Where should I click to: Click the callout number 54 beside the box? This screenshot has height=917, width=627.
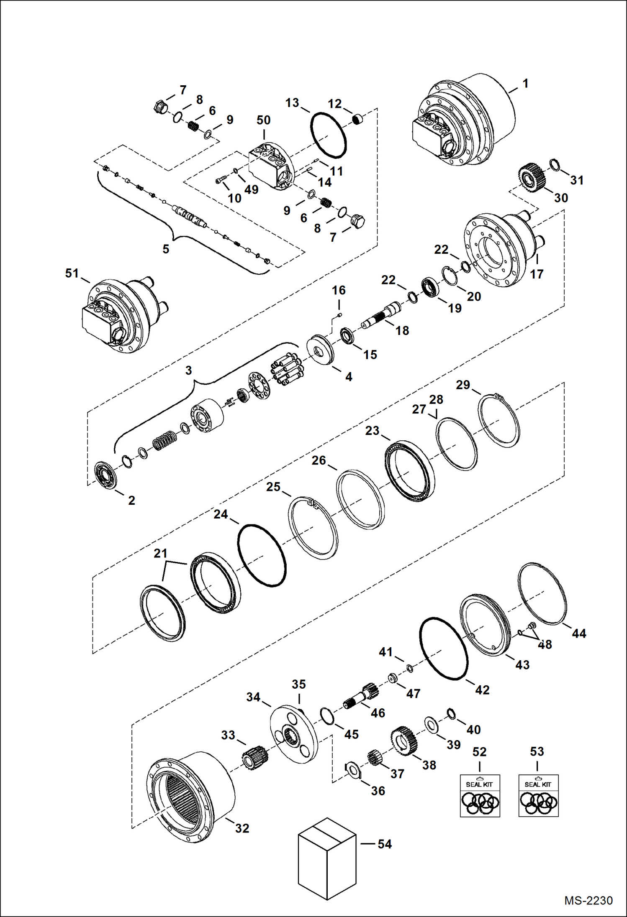click(x=385, y=844)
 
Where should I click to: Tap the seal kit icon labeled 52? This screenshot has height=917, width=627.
click(x=480, y=796)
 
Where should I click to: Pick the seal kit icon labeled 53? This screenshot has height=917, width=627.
click(x=538, y=796)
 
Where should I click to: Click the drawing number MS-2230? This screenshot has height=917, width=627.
click(x=588, y=900)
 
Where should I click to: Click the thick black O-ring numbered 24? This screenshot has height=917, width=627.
click(x=262, y=555)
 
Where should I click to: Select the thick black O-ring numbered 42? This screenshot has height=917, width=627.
click(x=444, y=649)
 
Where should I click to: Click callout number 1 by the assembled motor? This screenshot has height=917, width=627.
click(x=525, y=83)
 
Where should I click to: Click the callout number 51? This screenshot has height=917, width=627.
click(x=72, y=273)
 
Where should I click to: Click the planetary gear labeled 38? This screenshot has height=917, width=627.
click(x=404, y=741)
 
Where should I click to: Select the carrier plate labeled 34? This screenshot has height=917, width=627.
click(x=293, y=735)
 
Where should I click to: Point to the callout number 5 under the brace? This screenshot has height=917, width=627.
click(x=166, y=249)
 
